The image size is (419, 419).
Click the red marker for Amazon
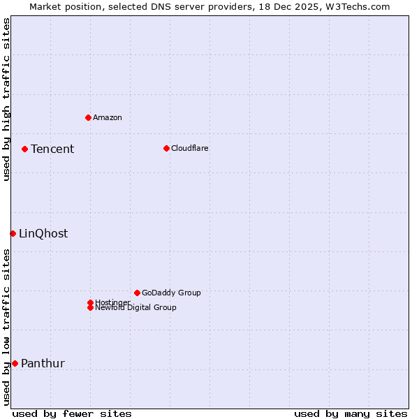88,117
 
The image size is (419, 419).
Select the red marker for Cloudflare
166,148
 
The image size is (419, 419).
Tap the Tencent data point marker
24,149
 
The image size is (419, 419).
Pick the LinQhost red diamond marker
13,233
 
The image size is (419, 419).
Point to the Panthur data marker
15,363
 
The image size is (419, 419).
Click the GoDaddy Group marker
137,293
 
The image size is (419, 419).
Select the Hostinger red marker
90,302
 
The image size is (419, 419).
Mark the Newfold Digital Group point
90,308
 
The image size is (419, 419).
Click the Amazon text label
108,117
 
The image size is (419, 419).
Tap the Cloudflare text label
190,148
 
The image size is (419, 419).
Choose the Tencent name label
52,149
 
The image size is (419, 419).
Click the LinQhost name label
43,233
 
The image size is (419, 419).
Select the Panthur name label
43,363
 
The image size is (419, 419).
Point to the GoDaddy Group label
171,293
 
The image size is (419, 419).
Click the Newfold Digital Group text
136,308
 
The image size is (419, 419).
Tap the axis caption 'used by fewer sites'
72,413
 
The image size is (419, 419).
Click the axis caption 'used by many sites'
351,413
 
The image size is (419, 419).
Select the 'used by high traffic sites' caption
6,100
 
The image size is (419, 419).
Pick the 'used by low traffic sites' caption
6,327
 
